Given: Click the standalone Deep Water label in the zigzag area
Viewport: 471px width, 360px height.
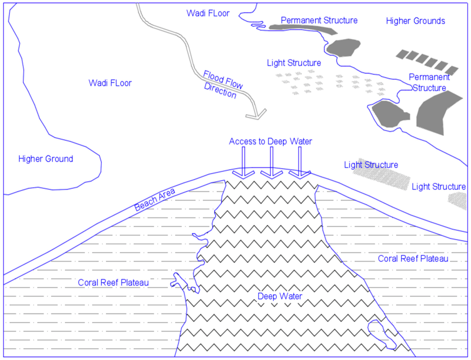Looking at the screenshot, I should point(280,297).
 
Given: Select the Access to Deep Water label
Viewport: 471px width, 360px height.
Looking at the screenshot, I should point(270,142).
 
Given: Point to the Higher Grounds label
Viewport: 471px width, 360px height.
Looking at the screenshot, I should point(415,21).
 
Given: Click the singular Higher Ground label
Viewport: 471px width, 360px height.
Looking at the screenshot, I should point(46,159).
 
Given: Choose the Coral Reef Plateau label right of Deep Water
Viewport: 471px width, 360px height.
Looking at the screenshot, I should point(413,259).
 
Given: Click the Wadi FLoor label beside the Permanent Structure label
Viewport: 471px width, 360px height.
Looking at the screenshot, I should point(208,13).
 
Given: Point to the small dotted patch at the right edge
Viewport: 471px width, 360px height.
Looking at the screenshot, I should point(458,200).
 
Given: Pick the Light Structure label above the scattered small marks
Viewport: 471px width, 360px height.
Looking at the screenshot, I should point(294,63).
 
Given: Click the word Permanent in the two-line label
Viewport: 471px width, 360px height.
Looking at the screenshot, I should point(429,77).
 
